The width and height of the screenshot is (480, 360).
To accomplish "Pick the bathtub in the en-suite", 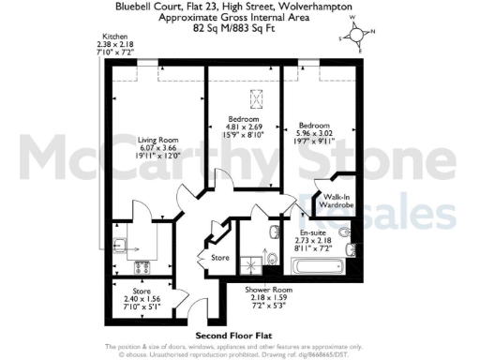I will point(311,268).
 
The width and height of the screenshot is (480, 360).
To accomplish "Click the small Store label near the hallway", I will point(220,257).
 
